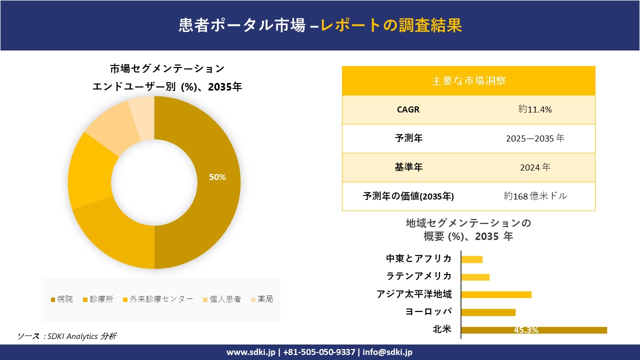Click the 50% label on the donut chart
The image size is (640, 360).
tap(217, 177)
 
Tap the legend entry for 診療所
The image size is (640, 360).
tap(101, 299)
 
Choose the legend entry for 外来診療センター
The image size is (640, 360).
tap(157, 299)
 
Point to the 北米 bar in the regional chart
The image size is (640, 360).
tap(533, 330)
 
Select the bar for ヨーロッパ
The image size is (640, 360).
tap(488, 312)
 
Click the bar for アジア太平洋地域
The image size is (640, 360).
tap(496, 294)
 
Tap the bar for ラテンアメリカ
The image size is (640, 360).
tap(475, 277)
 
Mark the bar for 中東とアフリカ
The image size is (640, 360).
tap(471, 259)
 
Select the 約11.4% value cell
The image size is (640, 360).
tap(535, 109)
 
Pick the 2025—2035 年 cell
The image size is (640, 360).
tap(535, 138)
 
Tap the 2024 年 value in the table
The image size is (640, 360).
tap(535, 167)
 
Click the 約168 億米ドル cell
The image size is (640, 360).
tap(535, 196)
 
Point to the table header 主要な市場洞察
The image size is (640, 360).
tap(468, 80)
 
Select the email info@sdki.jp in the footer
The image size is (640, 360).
tap(387, 352)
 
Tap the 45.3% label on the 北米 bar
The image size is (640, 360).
tap(525, 330)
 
